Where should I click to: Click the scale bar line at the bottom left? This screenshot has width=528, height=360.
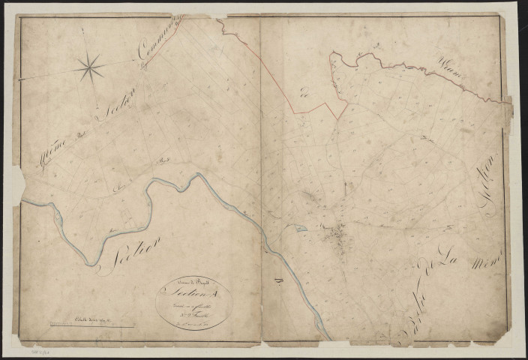[91, 325]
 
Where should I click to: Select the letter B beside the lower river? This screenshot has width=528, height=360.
[276, 281]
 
